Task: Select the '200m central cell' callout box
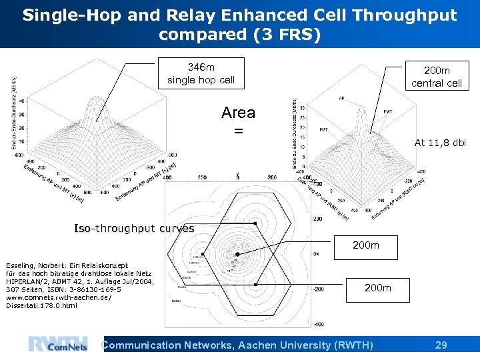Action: point(436,77)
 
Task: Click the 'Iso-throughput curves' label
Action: point(134,229)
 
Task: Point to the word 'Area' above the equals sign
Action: point(238,113)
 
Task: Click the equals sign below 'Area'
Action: point(238,131)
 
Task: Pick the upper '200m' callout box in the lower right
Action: point(365,245)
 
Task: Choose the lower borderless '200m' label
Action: point(378,288)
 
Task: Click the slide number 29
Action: point(440,345)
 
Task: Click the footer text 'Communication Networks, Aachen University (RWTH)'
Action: point(237,345)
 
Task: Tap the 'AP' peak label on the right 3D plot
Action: point(342,98)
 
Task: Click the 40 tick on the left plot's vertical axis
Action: point(21,101)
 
